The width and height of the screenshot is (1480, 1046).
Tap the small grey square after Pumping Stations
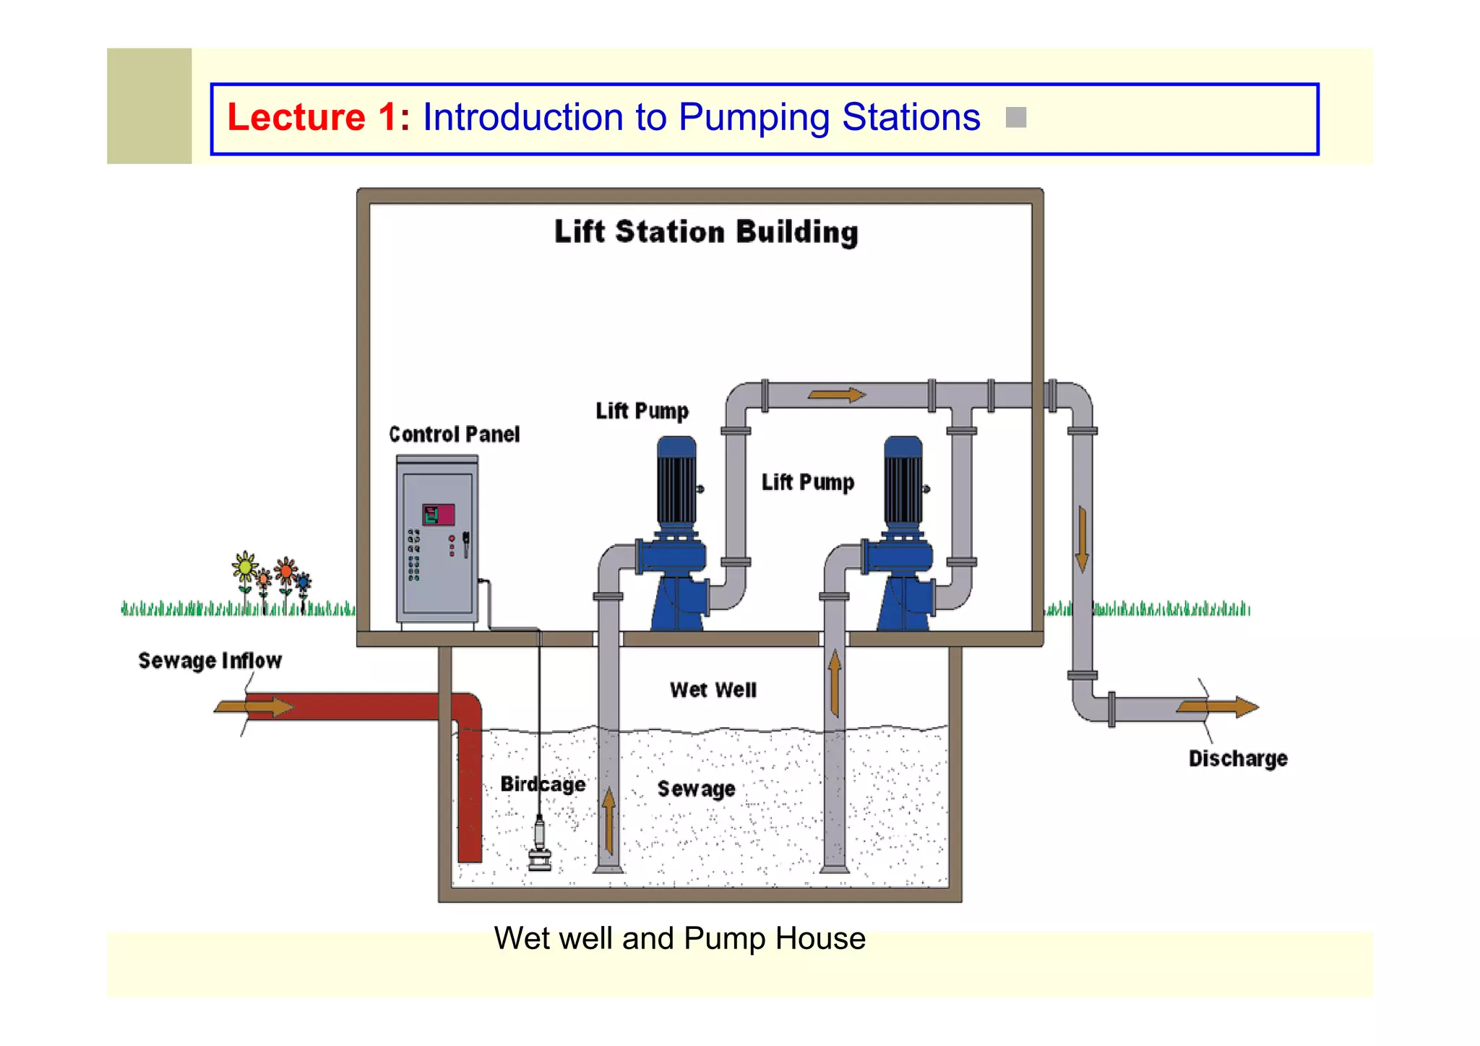click(x=1015, y=118)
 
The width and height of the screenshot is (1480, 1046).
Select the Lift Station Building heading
click(x=706, y=233)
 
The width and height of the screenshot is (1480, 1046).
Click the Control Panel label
click(x=454, y=434)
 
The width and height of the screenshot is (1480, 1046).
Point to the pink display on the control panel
click(x=439, y=515)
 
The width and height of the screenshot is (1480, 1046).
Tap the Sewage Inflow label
click(x=210, y=661)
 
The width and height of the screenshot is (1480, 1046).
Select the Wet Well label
click(x=713, y=690)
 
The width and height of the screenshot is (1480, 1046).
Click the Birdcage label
click(x=543, y=784)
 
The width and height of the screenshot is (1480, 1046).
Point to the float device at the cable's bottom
click(x=539, y=844)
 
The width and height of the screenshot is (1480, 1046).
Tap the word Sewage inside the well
click(x=696, y=789)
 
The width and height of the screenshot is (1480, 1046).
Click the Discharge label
click(x=1238, y=759)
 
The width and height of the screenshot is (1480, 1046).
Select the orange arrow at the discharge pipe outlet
click(x=1218, y=707)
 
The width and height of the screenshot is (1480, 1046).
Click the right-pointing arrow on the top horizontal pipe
click(x=836, y=395)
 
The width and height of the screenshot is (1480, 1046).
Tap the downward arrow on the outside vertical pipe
click(x=1082, y=539)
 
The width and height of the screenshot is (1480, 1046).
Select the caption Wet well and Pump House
click(x=679, y=939)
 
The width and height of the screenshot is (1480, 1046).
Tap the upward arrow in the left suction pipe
click(x=608, y=820)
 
